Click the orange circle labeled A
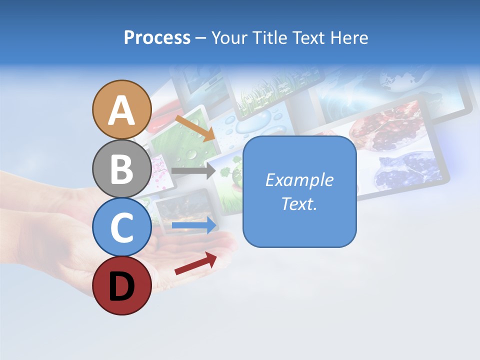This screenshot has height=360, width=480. (x=121, y=109)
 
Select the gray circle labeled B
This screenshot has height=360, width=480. (x=121, y=168)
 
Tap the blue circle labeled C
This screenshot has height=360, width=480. (x=121, y=227)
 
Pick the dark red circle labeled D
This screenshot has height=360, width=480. (x=121, y=285)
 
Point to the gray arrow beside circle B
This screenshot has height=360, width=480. (x=193, y=171)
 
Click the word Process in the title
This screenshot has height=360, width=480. (x=157, y=38)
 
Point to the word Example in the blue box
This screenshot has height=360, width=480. (x=299, y=180)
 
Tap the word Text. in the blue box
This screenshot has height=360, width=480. (x=299, y=203)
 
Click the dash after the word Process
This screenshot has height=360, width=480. (x=201, y=38)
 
